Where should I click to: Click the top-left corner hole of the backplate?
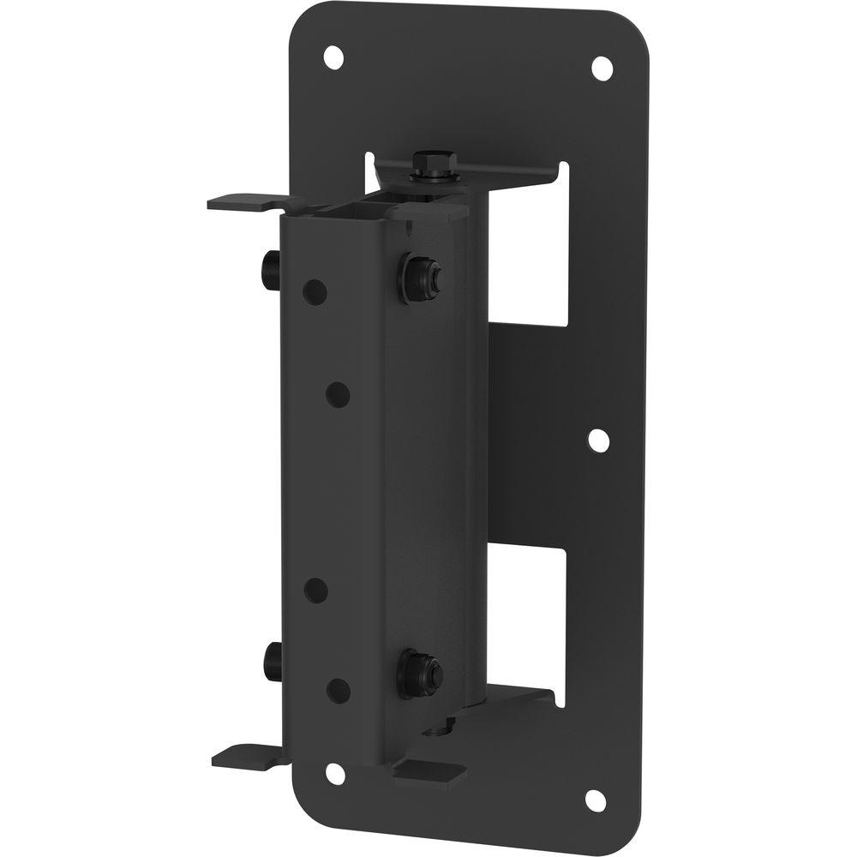coord(333,59)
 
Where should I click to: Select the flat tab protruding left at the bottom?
coord(245,755)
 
